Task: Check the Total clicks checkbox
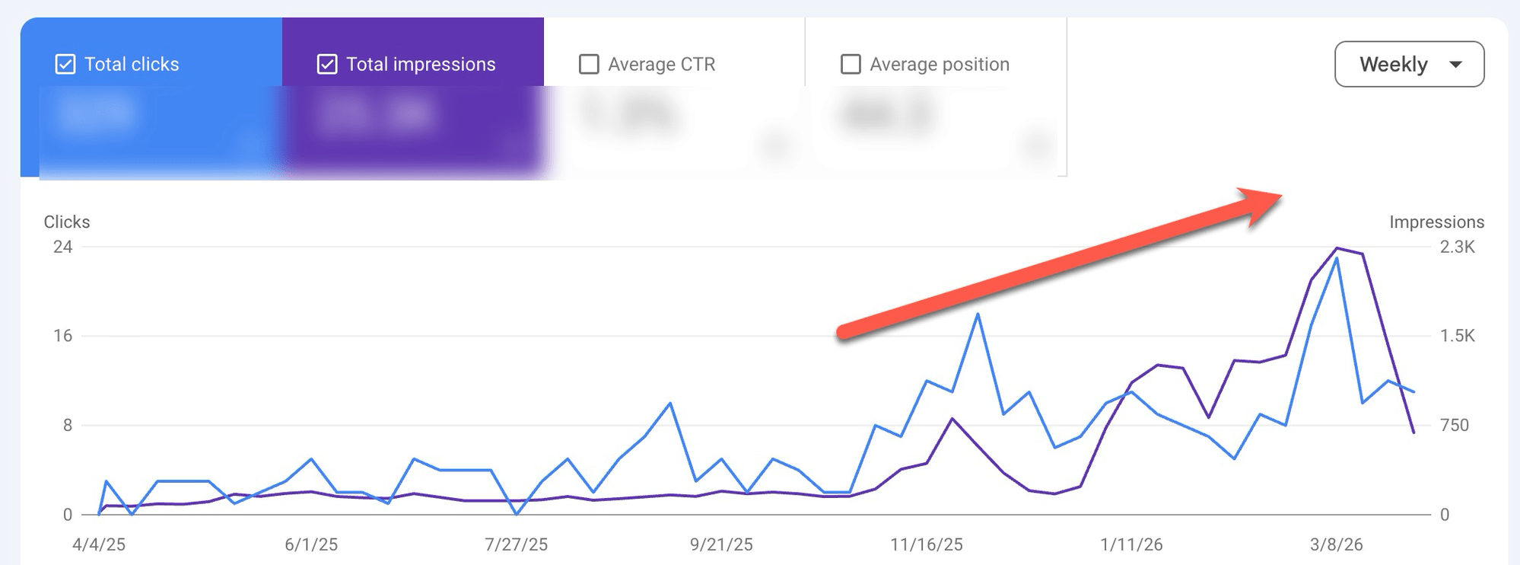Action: (x=65, y=65)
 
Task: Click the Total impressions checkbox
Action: (x=327, y=65)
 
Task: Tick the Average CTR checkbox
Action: (x=589, y=65)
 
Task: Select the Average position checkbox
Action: (x=851, y=65)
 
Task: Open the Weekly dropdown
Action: (x=1409, y=65)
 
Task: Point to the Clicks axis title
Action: (x=67, y=222)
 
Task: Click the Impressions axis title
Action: (x=1436, y=222)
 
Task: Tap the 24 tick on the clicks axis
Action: (x=62, y=247)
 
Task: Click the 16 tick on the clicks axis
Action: (x=62, y=336)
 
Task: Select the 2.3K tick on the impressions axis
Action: (x=1457, y=247)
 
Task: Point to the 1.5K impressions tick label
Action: (x=1457, y=336)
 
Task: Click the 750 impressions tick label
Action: (x=1454, y=425)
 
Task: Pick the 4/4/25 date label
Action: (x=99, y=544)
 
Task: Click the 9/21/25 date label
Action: (x=721, y=544)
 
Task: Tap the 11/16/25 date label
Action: (x=927, y=544)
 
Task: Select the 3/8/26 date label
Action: (x=1336, y=544)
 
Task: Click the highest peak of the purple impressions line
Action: (x=1337, y=248)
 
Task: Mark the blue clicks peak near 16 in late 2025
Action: (x=978, y=314)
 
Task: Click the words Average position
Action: (x=940, y=65)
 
